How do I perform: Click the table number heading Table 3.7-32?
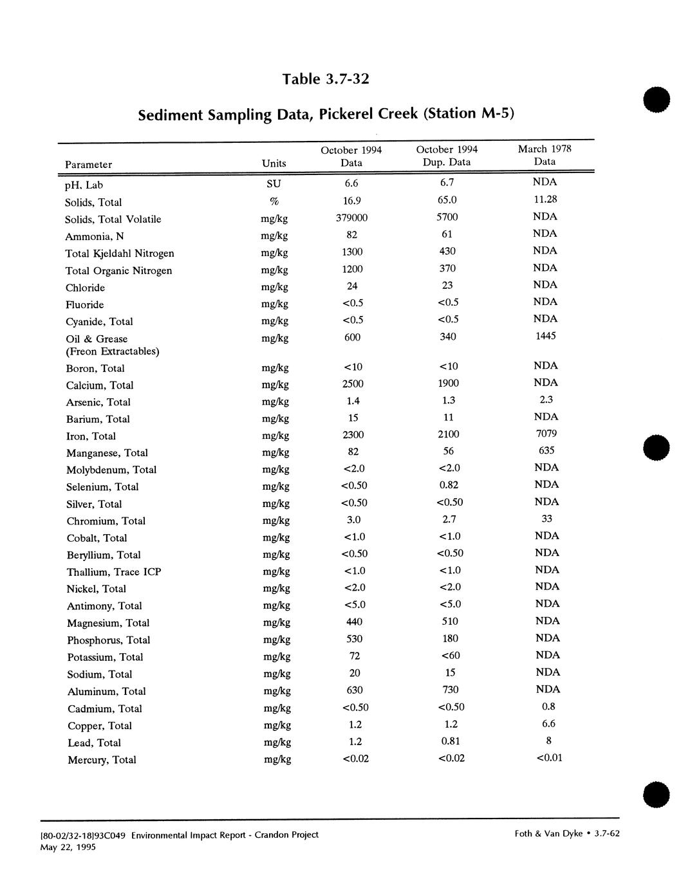point(326,79)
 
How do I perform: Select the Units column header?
point(274,164)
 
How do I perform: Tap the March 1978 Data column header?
point(545,155)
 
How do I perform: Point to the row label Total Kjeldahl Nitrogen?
point(120,254)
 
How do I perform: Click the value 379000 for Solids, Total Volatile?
point(352,218)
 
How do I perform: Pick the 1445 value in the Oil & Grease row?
point(545,336)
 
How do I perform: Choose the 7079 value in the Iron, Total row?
point(546,434)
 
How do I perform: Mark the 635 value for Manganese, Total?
point(546,450)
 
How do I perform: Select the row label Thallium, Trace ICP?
point(114,572)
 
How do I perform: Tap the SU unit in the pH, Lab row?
point(274,184)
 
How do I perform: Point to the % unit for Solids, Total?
point(274,201)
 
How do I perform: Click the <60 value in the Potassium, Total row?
point(450,656)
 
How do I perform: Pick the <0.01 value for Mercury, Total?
point(549,757)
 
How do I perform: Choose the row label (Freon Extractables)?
point(113,351)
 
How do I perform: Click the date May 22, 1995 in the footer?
point(68,847)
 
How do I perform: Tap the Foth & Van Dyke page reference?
point(567,834)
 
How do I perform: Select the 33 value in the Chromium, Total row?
point(547,519)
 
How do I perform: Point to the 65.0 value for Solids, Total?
point(448,201)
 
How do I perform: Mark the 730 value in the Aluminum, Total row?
point(450,690)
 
